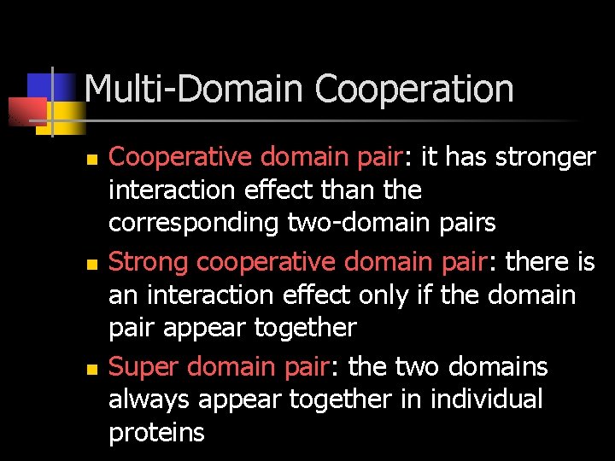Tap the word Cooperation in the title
click(x=414, y=89)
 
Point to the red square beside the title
click(x=26, y=110)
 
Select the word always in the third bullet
click(x=149, y=400)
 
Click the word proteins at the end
click(x=157, y=433)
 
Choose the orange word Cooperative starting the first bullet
click(x=182, y=158)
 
